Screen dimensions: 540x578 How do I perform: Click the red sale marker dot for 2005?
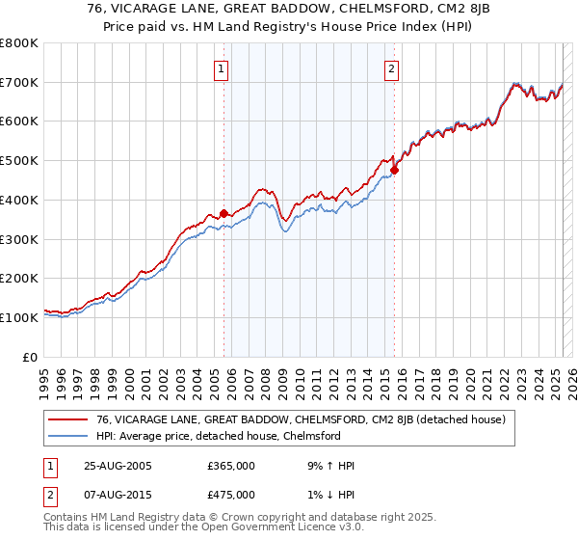point(224,213)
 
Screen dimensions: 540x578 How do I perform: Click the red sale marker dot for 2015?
point(394,170)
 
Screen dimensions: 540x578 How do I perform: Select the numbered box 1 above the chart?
point(222,68)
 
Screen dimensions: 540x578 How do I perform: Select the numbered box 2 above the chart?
point(393,68)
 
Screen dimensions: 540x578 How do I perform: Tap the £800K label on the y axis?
point(19,43)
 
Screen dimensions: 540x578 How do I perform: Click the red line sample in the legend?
point(70,419)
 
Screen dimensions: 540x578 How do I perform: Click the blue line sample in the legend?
point(70,436)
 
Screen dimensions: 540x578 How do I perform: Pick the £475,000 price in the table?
point(231,495)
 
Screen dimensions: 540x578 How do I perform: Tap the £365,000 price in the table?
point(231,466)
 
